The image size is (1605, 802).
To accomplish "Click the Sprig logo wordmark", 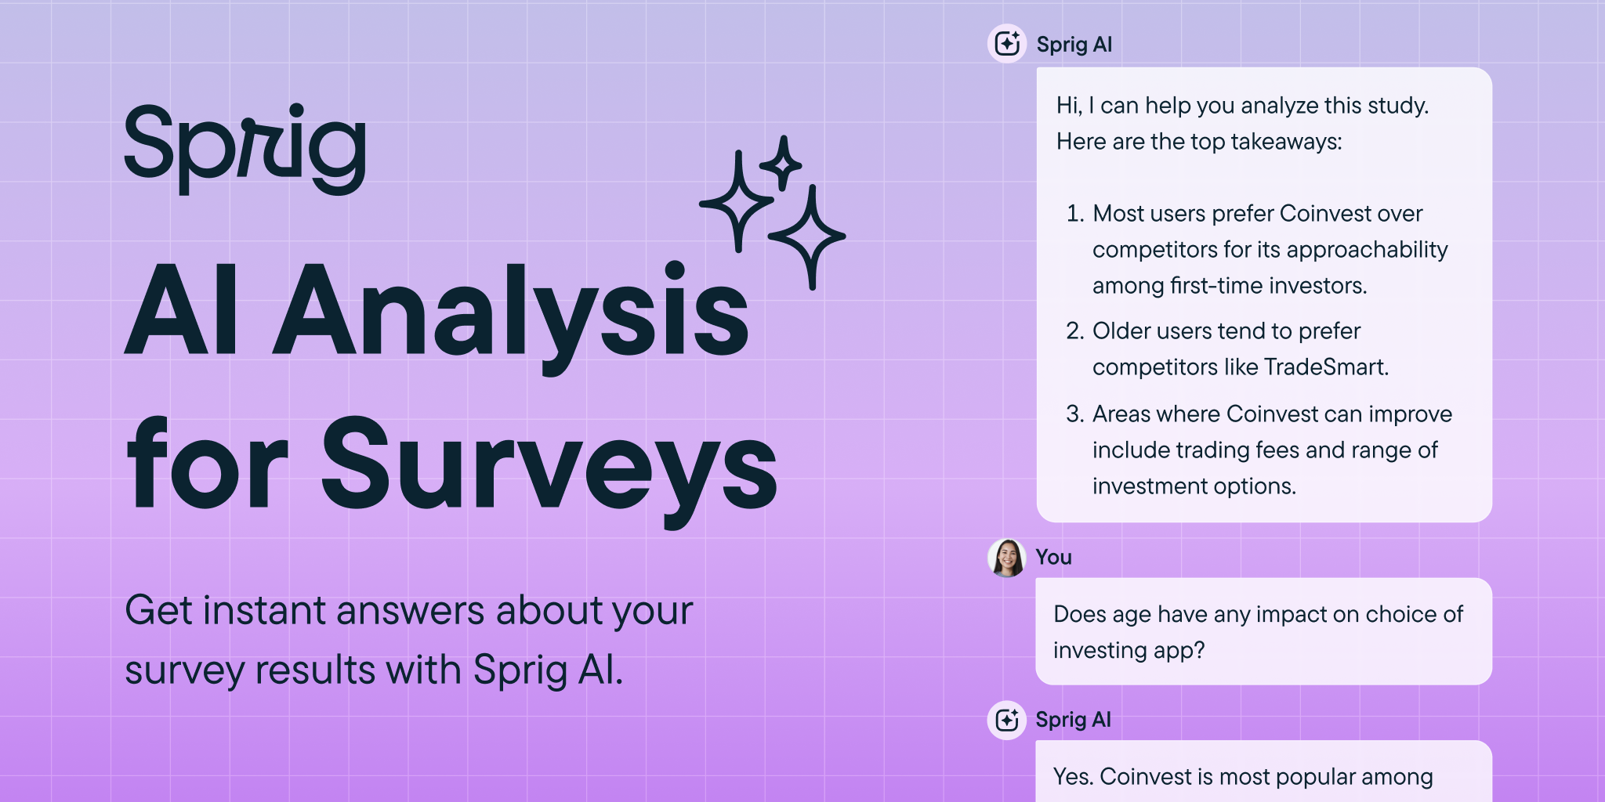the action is click(x=245, y=149).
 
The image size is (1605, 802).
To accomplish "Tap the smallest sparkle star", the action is click(x=781, y=164).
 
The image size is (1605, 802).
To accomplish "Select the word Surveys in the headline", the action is click(x=549, y=467).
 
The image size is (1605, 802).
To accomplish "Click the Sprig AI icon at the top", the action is click(x=1007, y=44).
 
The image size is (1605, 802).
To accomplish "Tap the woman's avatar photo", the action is click(x=1007, y=558).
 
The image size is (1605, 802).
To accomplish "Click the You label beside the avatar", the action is click(x=1053, y=557).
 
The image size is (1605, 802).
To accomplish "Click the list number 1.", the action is click(x=1074, y=213).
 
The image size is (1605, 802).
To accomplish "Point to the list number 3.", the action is click(x=1074, y=414).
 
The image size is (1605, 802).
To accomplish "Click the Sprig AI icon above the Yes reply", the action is click(x=1007, y=720).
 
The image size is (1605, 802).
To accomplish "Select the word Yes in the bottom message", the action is click(x=1073, y=776).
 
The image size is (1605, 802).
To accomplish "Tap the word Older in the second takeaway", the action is click(x=1121, y=331).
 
